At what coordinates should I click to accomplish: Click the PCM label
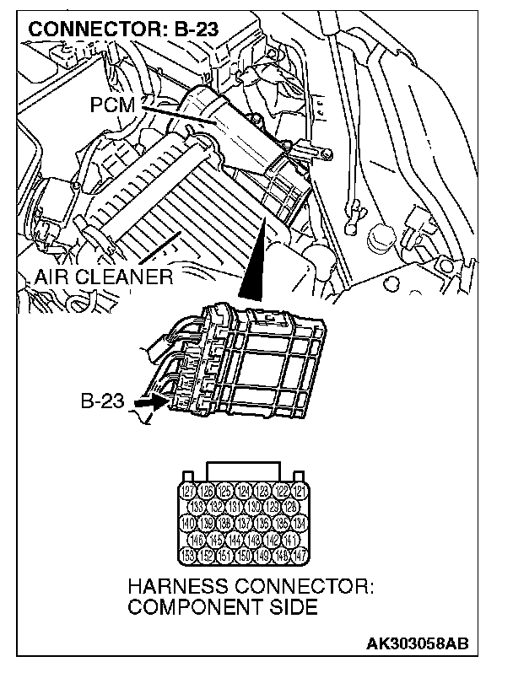[116, 105]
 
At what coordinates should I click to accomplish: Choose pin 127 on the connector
[189, 492]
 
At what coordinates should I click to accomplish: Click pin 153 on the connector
[189, 554]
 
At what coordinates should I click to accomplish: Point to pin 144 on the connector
[235, 538]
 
